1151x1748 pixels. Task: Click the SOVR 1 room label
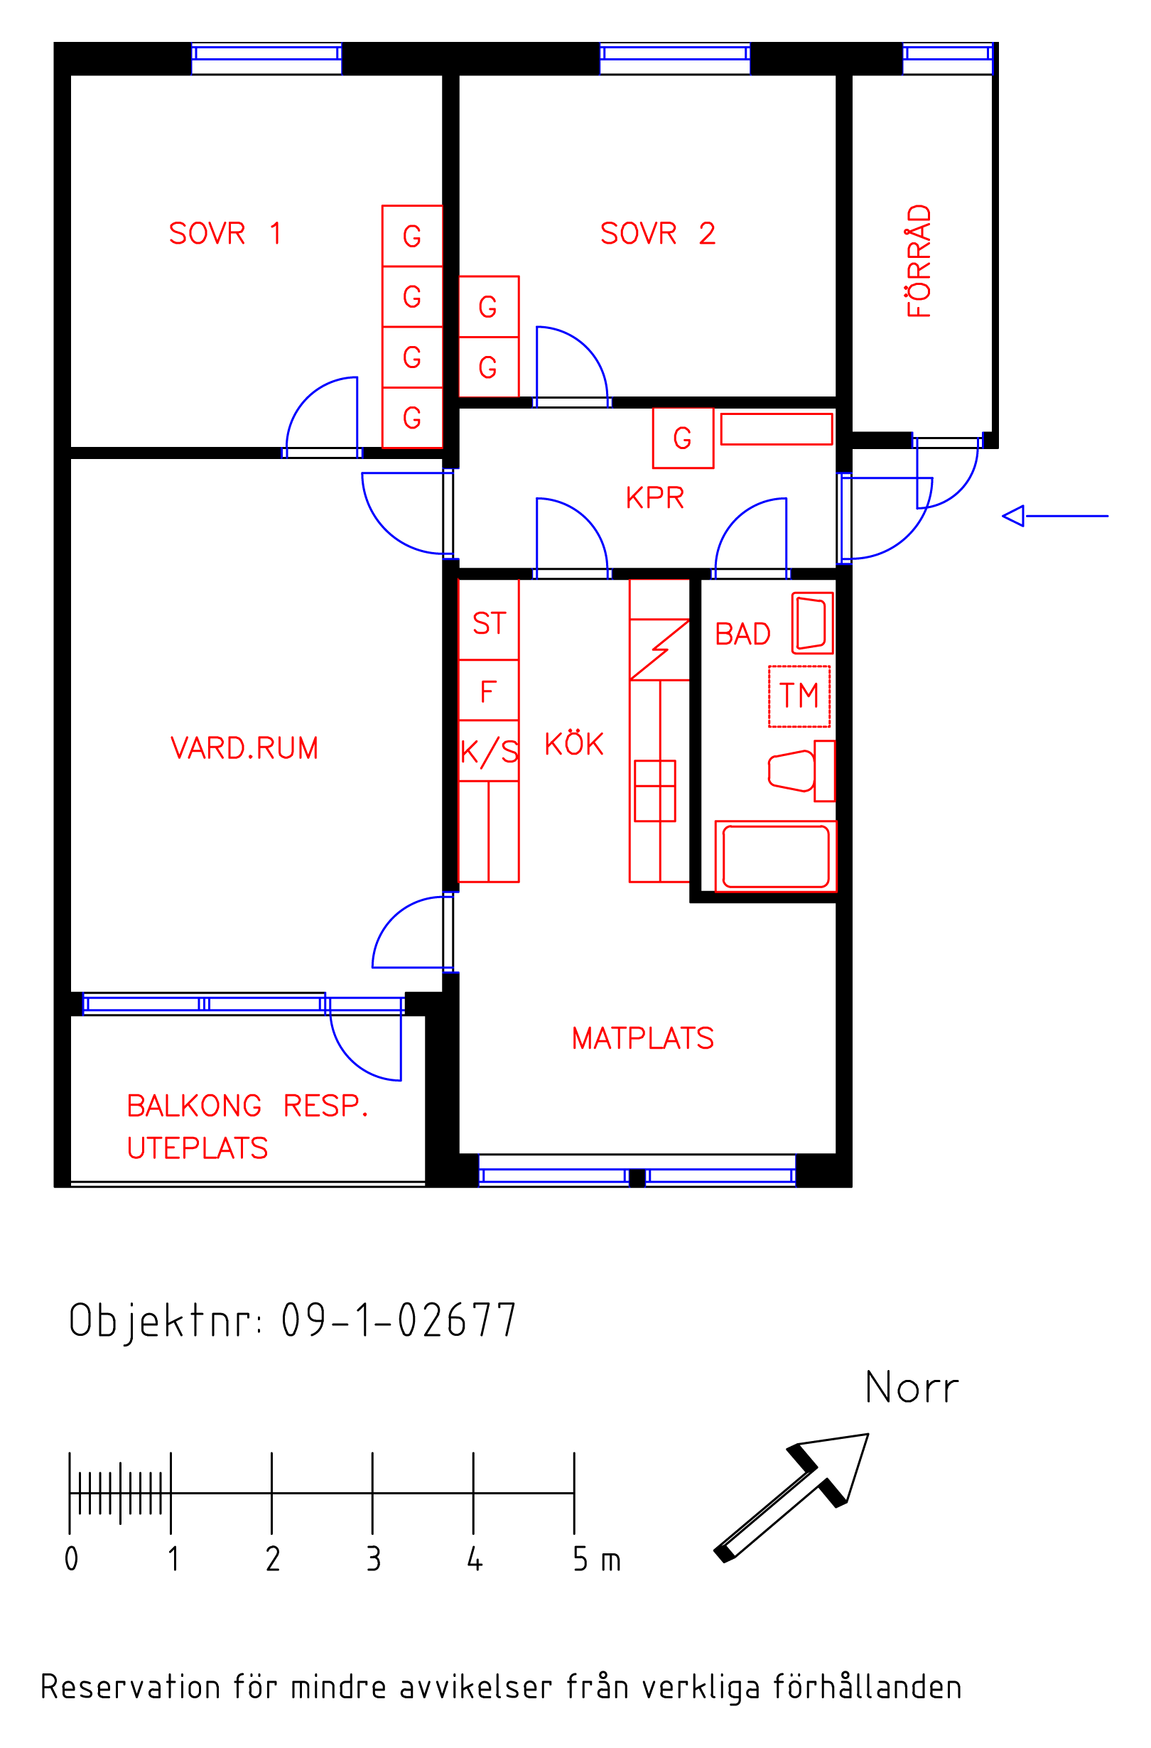(x=225, y=234)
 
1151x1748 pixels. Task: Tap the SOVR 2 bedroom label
(x=657, y=234)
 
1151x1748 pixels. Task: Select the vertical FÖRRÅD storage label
(x=919, y=261)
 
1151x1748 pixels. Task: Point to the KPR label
(x=654, y=498)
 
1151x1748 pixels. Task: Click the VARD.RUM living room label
(x=244, y=748)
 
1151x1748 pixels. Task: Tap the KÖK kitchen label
(x=573, y=743)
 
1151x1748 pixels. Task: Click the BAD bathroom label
(x=742, y=634)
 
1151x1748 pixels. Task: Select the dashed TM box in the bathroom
(x=799, y=696)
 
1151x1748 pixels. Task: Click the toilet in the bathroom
(x=801, y=771)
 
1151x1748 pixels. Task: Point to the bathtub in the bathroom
(x=776, y=856)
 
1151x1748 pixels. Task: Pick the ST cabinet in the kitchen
(x=488, y=619)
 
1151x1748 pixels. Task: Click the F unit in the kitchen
(x=488, y=691)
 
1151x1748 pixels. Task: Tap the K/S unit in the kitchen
(x=488, y=751)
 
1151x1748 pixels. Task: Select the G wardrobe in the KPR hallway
(x=683, y=438)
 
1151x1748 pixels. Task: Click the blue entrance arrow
(x=1055, y=517)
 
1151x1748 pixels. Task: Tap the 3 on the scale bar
(x=373, y=1559)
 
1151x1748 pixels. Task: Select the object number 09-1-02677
(x=399, y=1320)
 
